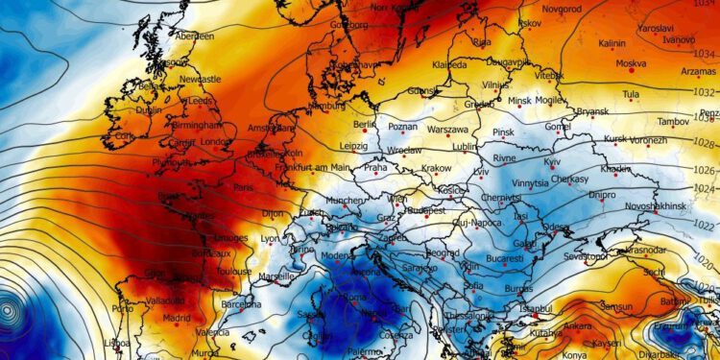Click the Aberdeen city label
tap(194, 36)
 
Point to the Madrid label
tap(176, 317)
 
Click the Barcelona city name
tap(241, 303)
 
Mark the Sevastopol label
tap(585, 256)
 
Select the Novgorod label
tap(563, 8)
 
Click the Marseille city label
tap(277, 276)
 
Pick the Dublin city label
tap(150, 109)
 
